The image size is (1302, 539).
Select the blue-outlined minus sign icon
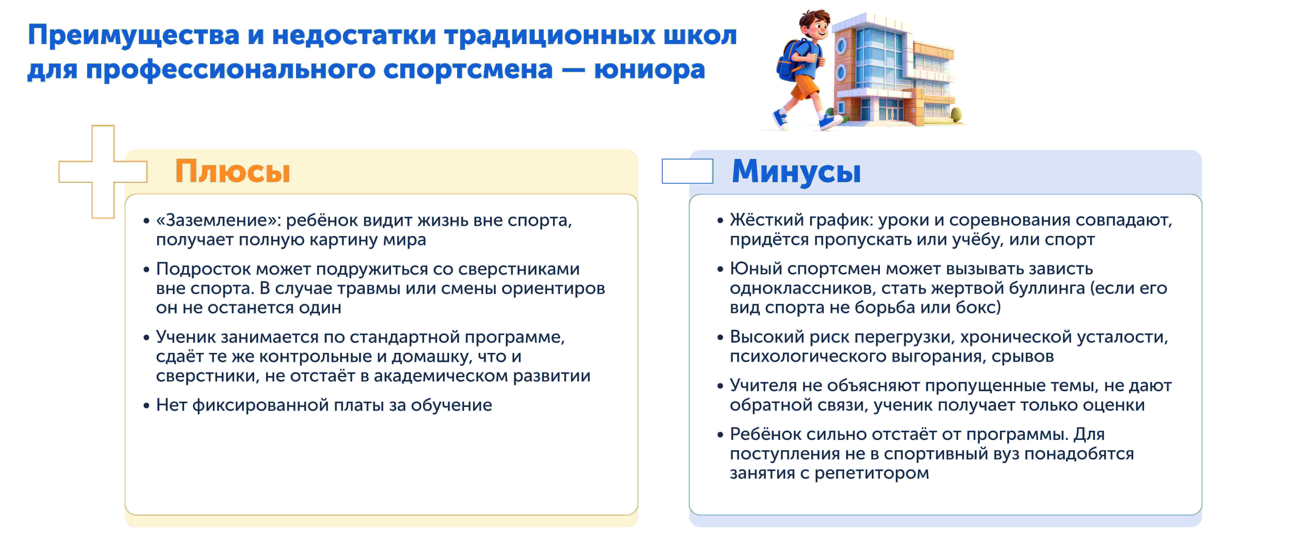pyautogui.click(x=687, y=171)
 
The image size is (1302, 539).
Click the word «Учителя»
pyautogui.click(x=763, y=386)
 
